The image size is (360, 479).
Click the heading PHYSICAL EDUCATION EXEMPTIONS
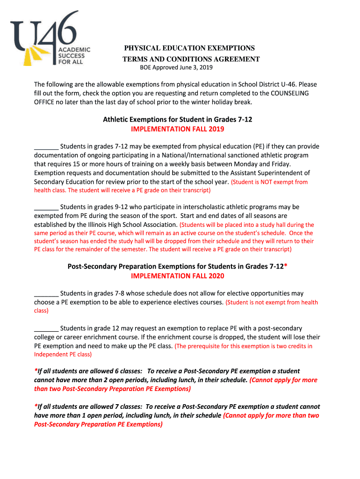189,48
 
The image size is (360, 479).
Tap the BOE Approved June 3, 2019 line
177,68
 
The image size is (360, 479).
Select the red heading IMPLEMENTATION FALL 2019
178,129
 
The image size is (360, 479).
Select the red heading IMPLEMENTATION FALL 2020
178,276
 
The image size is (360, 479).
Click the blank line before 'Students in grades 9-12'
46,207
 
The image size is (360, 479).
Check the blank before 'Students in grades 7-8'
46,294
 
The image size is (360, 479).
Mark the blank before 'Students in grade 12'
46,328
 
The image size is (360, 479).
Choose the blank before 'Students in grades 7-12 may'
46,147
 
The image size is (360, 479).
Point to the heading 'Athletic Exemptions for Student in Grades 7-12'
178,120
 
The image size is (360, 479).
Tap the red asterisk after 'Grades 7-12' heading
286,266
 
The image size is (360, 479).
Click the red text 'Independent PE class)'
63,355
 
